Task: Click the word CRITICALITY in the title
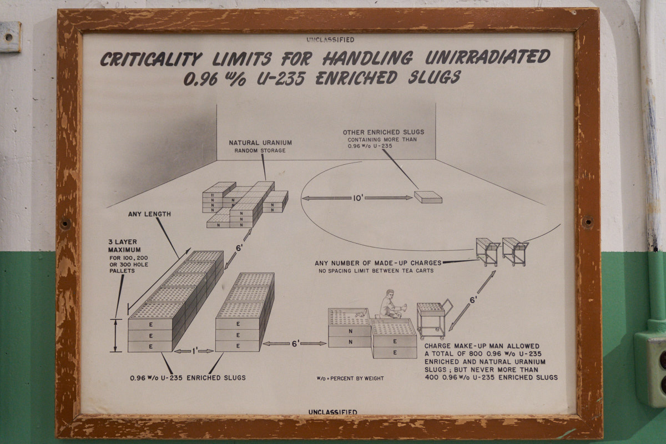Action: pyautogui.click(x=151, y=59)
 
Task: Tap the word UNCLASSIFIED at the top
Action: pyautogui.click(x=330, y=40)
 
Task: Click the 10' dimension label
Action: pyautogui.click(x=357, y=198)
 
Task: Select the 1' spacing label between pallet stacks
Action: pyautogui.click(x=194, y=351)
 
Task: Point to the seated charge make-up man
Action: pyautogui.click(x=391, y=304)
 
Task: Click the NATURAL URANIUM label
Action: pyautogui.click(x=260, y=143)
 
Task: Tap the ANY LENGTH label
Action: pyautogui.click(x=149, y=214)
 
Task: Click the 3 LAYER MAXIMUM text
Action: pyautogui.click(x=124, y=246)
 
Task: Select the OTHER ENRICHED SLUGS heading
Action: pyautogui.click(x=384, y=132)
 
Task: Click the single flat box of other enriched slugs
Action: pyautogui.click(x=428, y=197)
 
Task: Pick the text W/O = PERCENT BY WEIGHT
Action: pyautogui.click(x=350, y=379)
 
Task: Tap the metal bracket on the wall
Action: pyautogui.click(x=10, y=37)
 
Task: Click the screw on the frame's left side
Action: pyautogui.click(x=65, y=223)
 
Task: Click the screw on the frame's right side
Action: pyautogui.click(x=588, y=221)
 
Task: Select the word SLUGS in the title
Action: pyautogui.click(x=434, y=77)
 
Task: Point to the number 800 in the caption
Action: pyautogui.click(x=476, y=354)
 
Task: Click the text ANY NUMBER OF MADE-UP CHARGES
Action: pyautogui.click(x=378, y=263)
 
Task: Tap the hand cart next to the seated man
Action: pyautogui.click(x=433, y=320)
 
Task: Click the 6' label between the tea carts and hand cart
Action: pyautogui.click(x=472, y=300)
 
